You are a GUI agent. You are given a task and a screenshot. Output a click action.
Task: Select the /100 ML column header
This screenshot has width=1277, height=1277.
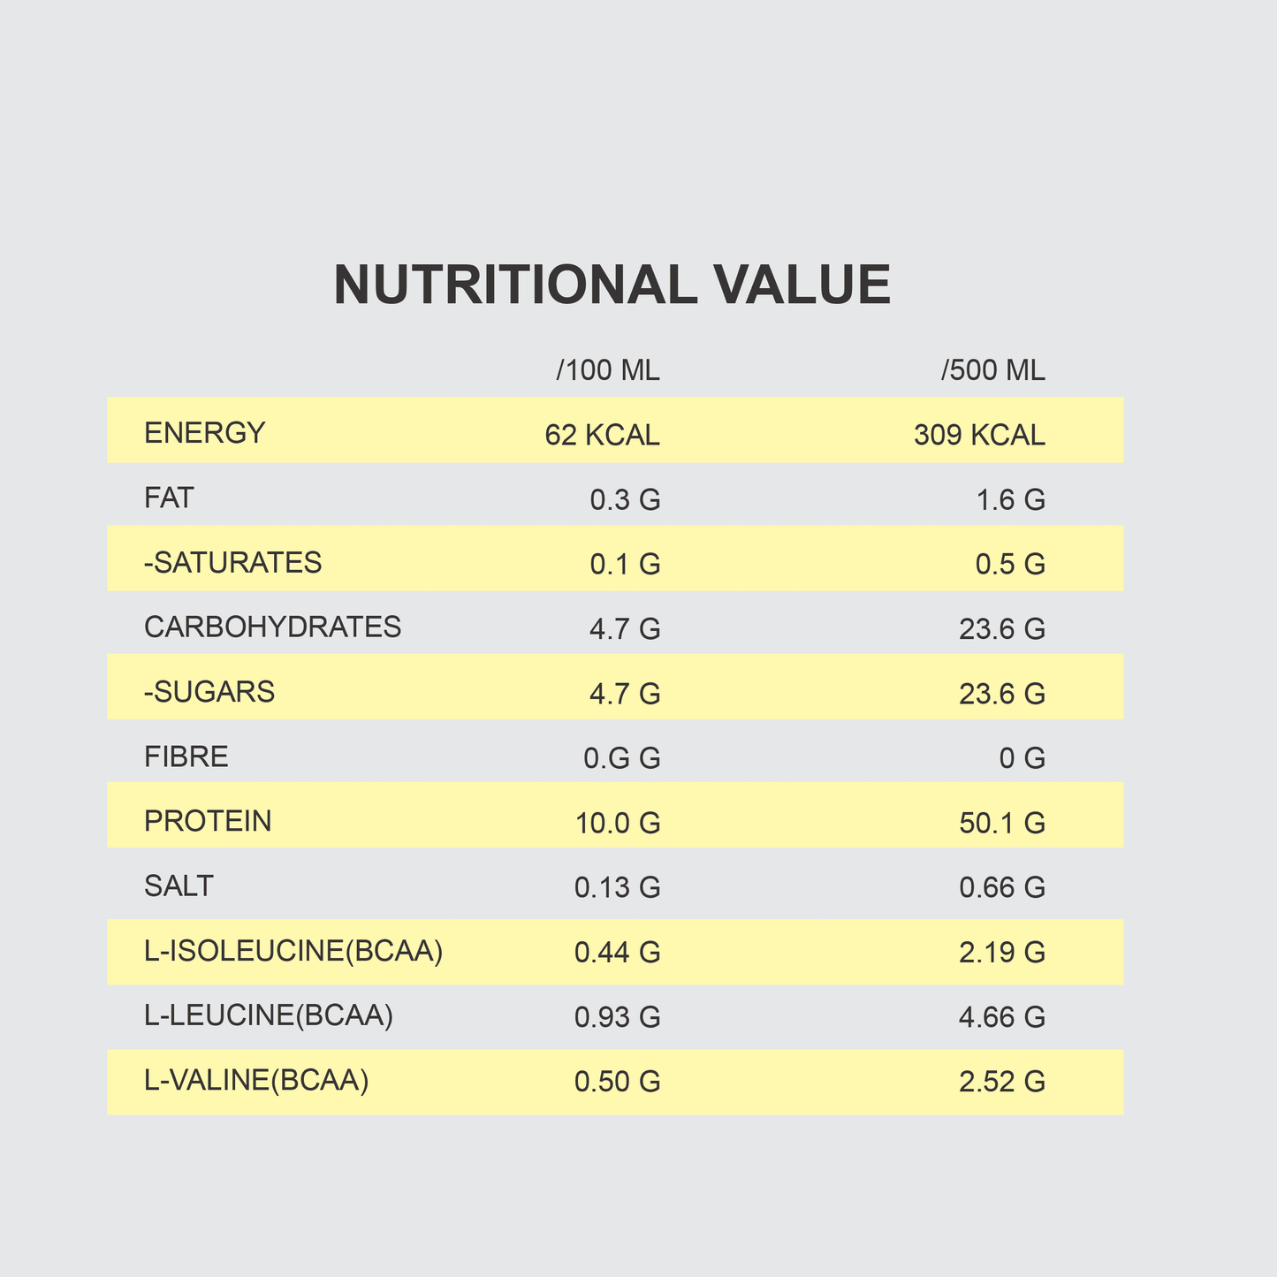point(608,370)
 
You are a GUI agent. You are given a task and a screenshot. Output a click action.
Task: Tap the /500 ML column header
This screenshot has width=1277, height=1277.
point(993,370)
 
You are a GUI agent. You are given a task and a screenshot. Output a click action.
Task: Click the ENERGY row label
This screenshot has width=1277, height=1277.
point(204,433)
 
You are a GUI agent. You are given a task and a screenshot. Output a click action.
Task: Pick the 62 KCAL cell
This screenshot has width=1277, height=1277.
point(602,436)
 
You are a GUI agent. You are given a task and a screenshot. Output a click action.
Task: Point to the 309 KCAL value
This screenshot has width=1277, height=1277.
point(979,436)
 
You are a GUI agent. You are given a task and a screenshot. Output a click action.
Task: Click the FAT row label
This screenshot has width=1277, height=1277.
point(169,498)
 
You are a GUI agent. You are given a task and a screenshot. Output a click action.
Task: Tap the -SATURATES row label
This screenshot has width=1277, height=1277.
point(232,563)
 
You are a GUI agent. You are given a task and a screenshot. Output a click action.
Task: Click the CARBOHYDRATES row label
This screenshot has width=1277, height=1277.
point(272,627)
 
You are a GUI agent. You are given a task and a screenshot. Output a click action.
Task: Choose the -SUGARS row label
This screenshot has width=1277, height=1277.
point(209,692)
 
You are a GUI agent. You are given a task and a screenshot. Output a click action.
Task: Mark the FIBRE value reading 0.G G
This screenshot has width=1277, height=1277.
point(622,758)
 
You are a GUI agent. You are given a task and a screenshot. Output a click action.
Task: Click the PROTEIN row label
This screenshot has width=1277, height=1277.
point(208,821)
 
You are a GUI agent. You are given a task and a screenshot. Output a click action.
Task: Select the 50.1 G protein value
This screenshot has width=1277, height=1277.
point(1002,824)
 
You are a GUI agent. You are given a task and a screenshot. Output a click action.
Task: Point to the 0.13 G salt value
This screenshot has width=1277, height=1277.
point(617,888)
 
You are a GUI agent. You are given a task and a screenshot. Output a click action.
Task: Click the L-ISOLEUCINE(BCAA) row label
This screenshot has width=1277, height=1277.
point(293,951)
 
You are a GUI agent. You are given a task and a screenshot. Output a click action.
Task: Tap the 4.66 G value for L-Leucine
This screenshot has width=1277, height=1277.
point(1002,1017)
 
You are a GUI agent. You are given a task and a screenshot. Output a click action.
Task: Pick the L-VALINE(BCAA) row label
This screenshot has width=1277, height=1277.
point(256,1080)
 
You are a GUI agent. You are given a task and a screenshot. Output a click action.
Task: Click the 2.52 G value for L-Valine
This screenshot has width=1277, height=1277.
point(1002,1083)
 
